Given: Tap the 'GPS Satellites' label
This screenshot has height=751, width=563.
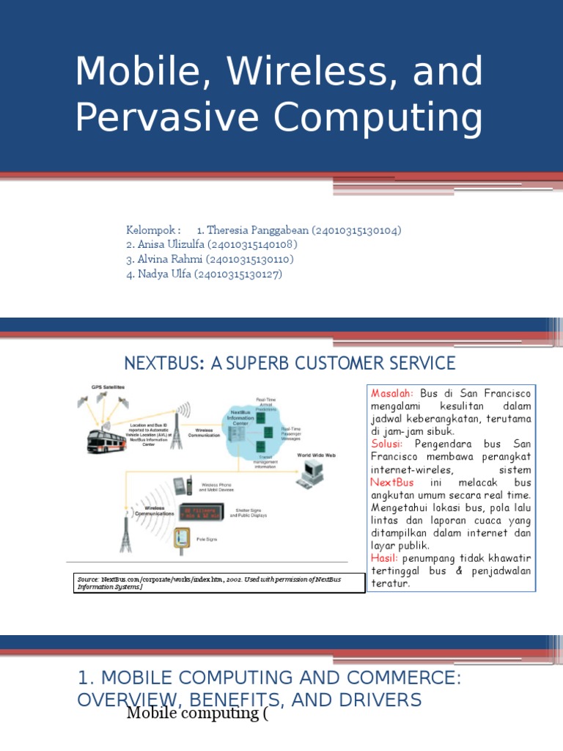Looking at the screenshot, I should pos(108,387).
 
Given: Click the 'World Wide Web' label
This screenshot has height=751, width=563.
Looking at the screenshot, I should pos(316,455).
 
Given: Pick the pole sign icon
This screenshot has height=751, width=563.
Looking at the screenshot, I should pos(180,539).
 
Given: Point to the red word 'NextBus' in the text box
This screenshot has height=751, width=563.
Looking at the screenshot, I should pos(392,482).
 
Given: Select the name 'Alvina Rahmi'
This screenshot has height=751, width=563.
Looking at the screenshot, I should pos(166,260).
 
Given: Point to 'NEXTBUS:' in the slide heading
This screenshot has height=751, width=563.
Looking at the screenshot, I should pos(163,363).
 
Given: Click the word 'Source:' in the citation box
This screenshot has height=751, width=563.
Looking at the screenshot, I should pos(89,579).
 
